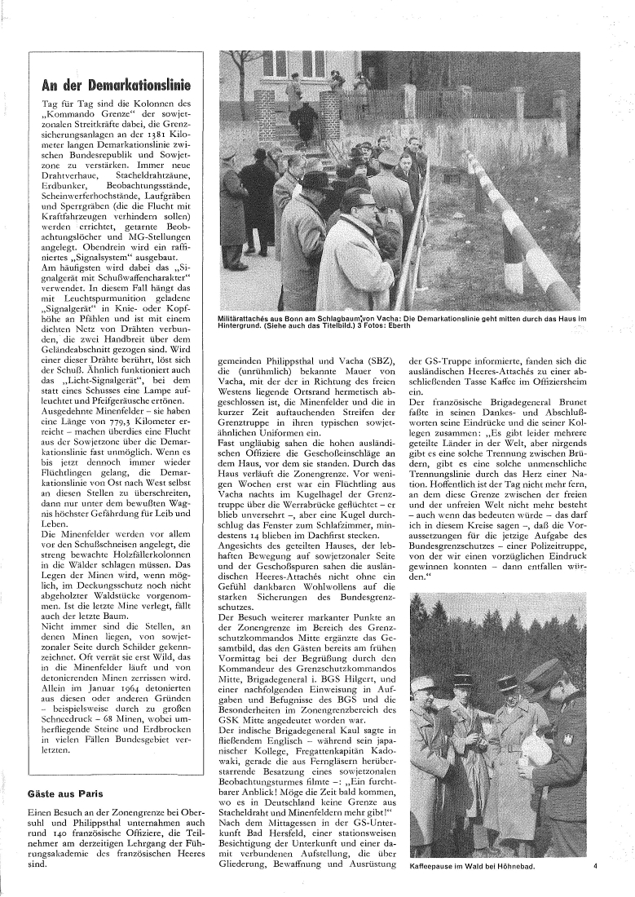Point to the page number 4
(596, 866)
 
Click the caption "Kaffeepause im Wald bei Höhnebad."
(472, 866)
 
